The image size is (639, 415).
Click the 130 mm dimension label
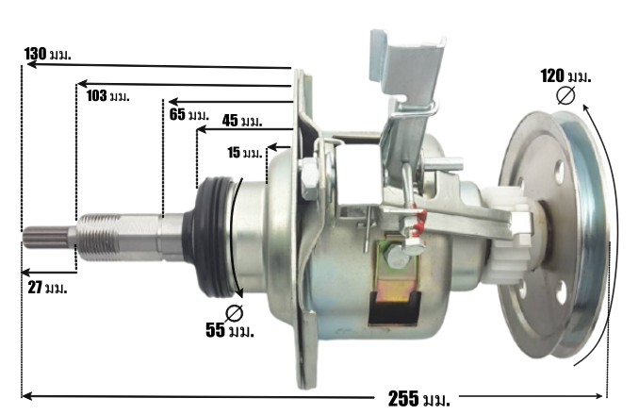pos(48,54)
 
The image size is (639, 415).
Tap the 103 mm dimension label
pos(108,96)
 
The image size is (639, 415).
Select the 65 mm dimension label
pos(188,114)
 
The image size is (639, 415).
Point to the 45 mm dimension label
pos(242,121)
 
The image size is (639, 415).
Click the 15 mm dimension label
pos(244,153)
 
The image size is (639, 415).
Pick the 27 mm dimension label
pos(47,288)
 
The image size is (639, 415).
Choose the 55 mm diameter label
pos(230,330)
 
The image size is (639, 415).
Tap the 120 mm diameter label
pos(565,76)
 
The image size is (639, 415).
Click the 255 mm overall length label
pos(419,399)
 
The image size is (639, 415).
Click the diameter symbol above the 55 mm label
pos(234,313)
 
